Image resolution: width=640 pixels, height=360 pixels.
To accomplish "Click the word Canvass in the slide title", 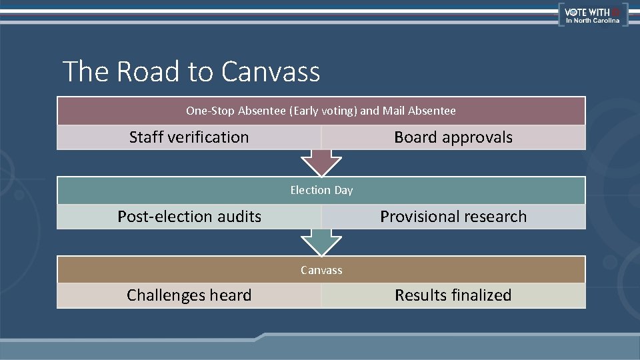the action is coord(271,72).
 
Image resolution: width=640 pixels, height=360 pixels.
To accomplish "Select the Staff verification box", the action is coord(189,137).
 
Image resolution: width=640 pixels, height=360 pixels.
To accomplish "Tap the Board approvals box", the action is coord(453,137).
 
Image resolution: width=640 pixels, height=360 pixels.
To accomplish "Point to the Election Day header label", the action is coord(321,190).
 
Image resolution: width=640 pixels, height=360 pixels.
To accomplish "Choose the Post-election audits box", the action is coord(189,217).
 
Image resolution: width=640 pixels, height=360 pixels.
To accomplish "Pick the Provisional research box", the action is coord(453,217).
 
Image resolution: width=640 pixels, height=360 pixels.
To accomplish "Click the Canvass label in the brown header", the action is coord(321,270).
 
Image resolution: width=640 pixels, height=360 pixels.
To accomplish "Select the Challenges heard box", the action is coord(189,295).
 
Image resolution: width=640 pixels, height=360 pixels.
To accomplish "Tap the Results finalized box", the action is coord(453,295).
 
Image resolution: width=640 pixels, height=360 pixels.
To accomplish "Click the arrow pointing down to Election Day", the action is coord(321,162).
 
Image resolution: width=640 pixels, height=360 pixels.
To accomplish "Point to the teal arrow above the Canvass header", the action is coord(321,242).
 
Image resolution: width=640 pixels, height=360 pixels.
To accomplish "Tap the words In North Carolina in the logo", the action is coord(593,21).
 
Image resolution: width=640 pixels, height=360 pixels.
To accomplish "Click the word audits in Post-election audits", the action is coord(240,217).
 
